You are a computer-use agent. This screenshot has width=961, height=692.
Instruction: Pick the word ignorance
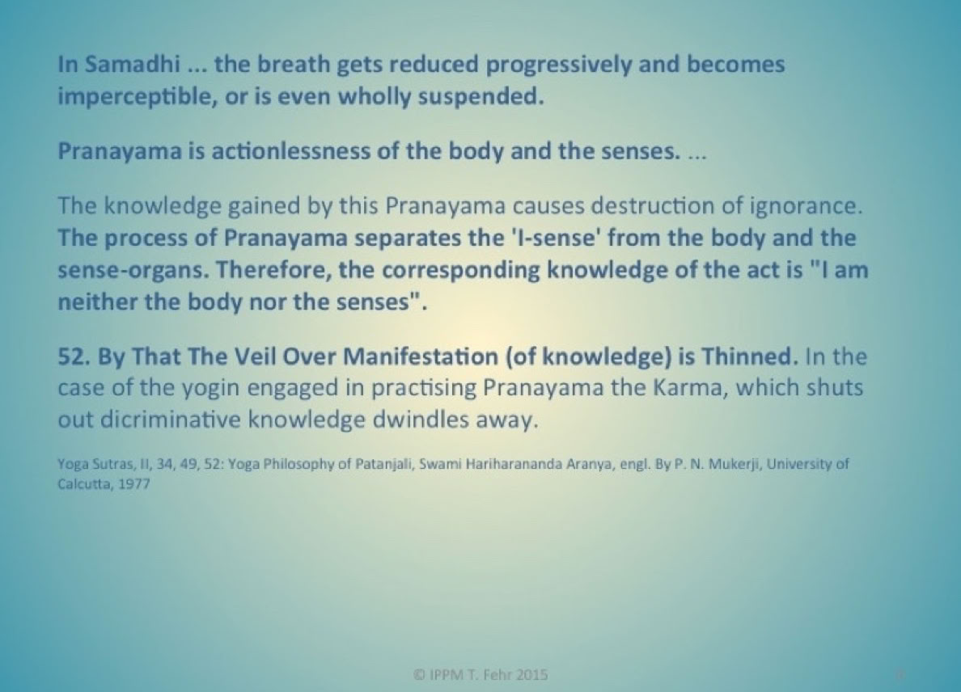pos(806,207)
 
